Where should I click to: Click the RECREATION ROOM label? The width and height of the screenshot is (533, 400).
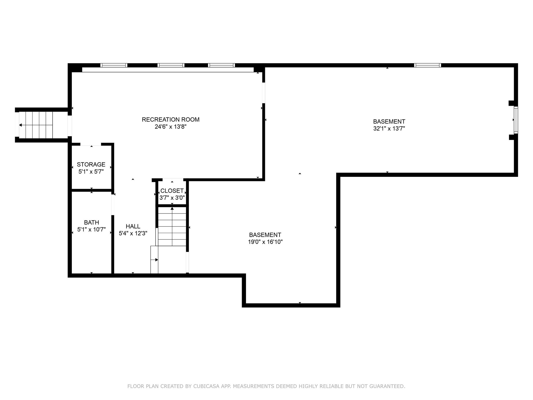pos(170,120)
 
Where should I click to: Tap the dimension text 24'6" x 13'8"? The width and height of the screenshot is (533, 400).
pos(170,127)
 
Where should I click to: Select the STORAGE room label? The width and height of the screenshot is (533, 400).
pos(91,164)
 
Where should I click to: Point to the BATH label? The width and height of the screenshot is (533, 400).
pos(91,222)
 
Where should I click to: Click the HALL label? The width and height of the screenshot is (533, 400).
pos(133,226)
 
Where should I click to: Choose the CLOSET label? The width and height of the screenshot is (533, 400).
pos(172,191)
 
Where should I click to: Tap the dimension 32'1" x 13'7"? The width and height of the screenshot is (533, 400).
pos(389,129)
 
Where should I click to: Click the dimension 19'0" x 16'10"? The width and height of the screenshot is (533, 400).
pos(265,242)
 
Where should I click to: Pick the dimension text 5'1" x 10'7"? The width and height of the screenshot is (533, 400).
pos(91,230)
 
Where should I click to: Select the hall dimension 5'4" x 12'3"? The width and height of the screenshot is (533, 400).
pos(133,234)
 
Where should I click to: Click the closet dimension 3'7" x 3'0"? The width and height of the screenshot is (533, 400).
pos(172,198)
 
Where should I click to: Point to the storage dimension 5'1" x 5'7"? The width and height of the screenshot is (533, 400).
pos(91,172)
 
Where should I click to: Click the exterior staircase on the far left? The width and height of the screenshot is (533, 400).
pos(36,125)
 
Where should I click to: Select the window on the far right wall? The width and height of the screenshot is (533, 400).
pos(516,120)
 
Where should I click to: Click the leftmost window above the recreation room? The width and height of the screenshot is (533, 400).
pos(114,65)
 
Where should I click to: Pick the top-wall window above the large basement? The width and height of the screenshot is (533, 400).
pos(428,65)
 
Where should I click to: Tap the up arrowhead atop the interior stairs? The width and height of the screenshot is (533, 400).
pos(172,208)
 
